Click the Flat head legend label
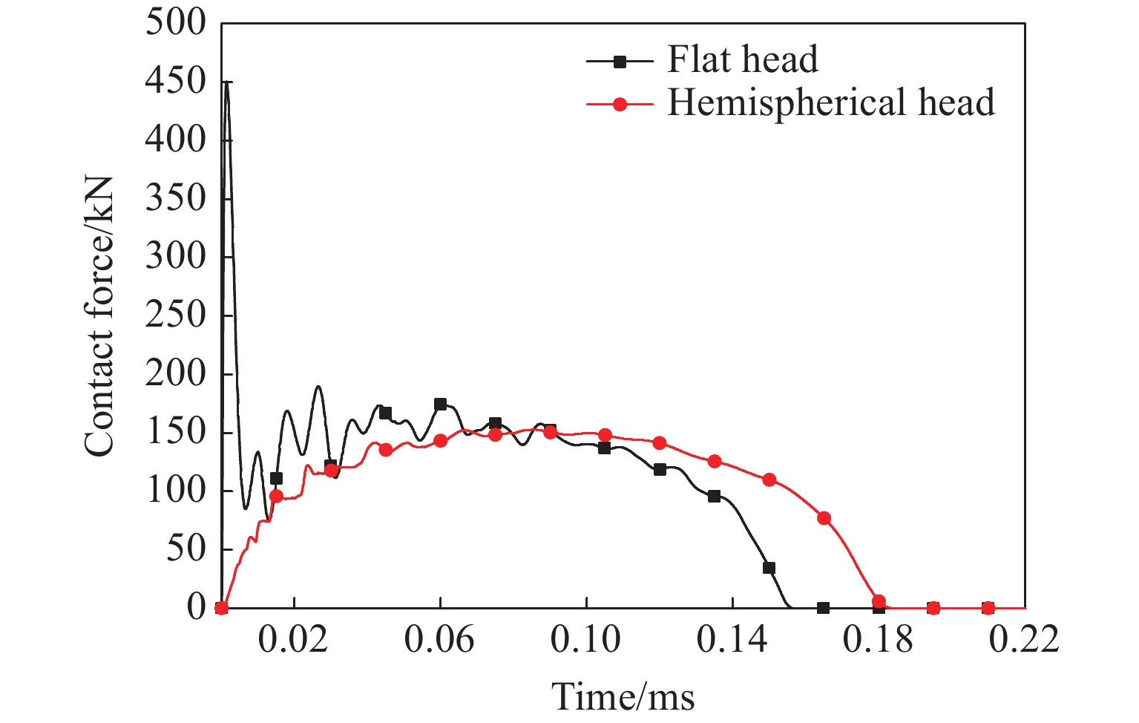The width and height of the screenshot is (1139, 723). pos(742,59)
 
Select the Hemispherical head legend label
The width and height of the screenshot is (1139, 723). pos(831,103)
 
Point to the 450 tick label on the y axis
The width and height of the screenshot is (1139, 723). pos(175,81)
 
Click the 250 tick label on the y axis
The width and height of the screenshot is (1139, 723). pos(175,315)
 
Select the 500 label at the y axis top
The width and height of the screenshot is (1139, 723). pos(175,22)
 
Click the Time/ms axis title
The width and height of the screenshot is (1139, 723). pos(623,696)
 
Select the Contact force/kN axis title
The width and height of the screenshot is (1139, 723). pos(99,316)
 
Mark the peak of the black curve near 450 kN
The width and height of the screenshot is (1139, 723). pos(226,82)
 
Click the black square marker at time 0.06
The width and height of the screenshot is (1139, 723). pos(440,405)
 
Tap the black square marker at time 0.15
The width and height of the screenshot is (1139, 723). pos(769,568)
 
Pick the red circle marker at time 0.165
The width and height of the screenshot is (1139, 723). pos(824,518)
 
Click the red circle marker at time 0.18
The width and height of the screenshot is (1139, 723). pos(879,601)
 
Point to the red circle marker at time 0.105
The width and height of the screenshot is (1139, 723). pos(605,435)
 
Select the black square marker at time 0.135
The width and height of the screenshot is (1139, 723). pos(714,496)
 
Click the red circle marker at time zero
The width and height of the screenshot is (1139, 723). pos(221,608)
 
